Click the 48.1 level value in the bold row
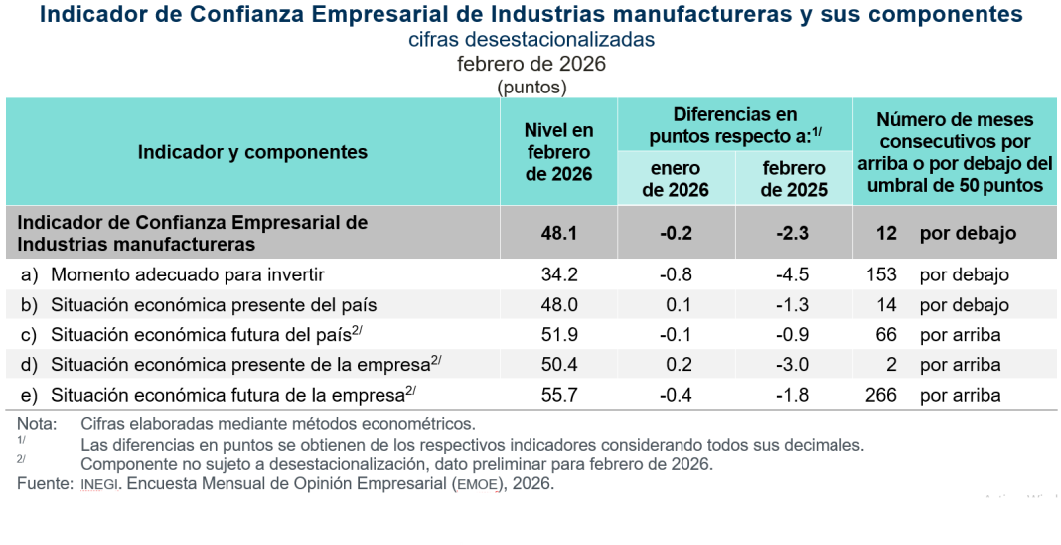click(x=558, y=233)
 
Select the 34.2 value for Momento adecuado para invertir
click(x=558, y=274)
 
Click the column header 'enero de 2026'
click(x=676, y=179)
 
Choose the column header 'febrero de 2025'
click(x=794, y=179)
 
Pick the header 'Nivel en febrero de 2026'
click(x=558, y=152)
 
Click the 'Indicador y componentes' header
click(x=252, y=152)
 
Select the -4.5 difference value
click(x=794, y=274)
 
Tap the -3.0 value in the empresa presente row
click(x=794, y=365)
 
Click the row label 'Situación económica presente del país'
click(x=214, y=305)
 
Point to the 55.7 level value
click(x=558, y=395)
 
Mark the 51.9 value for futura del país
click(x=558, y=335)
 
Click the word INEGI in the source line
click(x=99, y=484)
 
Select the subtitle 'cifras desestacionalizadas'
click(x=531, y=40)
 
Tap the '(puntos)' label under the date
click(x=531, y=87)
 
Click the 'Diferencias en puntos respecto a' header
click(x=735, y=125)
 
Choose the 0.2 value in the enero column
click(x=676, y=365)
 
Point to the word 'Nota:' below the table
click(x=37, y=425)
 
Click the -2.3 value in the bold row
click(x=794, y=233)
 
